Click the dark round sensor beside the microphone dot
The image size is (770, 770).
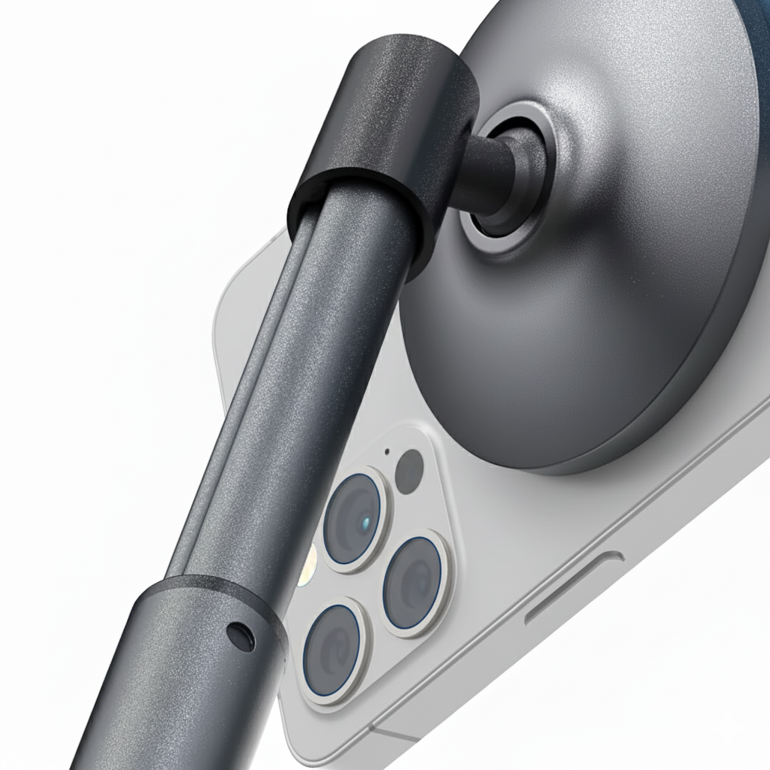coord(410,471)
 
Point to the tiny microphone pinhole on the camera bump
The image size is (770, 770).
coord(387,452)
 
